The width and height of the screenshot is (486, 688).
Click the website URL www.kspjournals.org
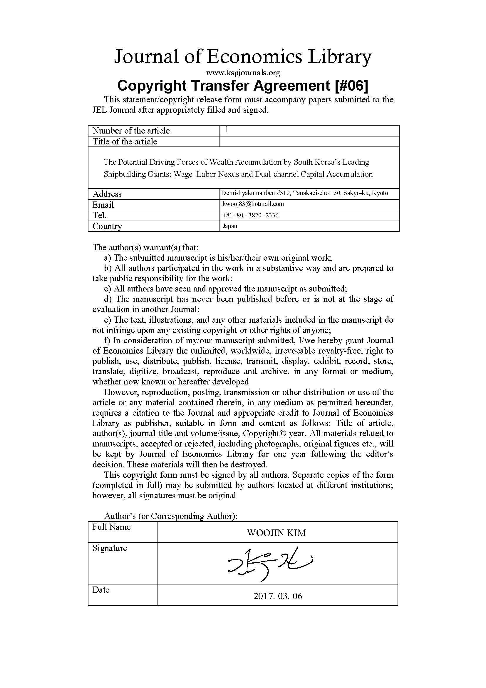tap(243, 73)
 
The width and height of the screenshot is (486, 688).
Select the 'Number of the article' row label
tap(131, 131)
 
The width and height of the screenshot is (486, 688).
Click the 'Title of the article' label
tap(125, 141)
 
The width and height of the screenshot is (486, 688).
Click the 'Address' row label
tap(107, 194)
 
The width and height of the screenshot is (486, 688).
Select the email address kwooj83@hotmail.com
tap(253, 204)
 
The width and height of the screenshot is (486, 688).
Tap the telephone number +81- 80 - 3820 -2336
tap(250, 215)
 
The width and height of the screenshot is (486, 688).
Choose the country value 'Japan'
tap(230, 226)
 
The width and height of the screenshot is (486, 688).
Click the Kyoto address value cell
tap(304, 193)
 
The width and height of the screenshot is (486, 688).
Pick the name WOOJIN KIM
tap(276, 533)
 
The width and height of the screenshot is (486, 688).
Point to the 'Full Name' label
tap(111, 527)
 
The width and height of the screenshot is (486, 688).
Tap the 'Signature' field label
tap(110, 548)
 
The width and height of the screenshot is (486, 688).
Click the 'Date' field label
tap(101, 590)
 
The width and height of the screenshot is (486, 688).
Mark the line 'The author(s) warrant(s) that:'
tap(145, 247)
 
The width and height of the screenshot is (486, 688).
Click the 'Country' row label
tap(107, 226)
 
